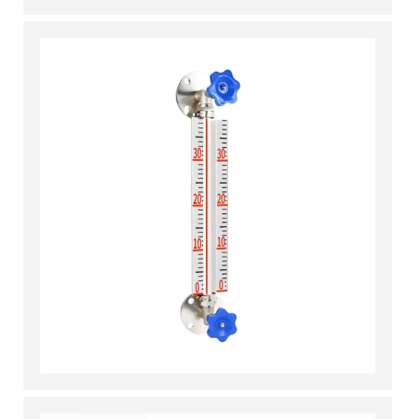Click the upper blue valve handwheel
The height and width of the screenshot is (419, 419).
(x=223, y=87)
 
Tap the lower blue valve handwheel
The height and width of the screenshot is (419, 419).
(x=222, y=325)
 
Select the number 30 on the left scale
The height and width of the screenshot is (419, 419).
(x=198, y=154)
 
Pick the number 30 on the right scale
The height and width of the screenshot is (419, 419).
(x=221, y=154)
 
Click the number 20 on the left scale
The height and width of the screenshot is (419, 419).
(x=198, y=199)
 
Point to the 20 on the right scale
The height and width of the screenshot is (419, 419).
(x=221, y=199)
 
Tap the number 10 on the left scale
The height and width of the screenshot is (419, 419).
(x=198, y=244)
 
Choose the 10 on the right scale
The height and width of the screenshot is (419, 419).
(x=221, y=242)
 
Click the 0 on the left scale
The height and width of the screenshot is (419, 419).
(x=197, y=288)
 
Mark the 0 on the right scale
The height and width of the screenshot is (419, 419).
(x=221, y=285)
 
